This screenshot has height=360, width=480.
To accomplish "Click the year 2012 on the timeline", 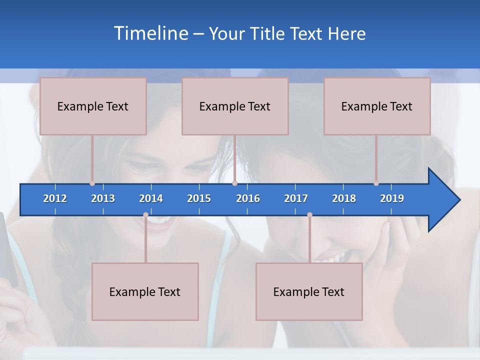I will tap(55, 198).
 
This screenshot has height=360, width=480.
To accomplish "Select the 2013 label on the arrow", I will tap(103, 198).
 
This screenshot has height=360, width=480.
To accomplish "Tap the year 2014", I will tap(151, 198).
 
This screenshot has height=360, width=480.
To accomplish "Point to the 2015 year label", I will tap(199, 198).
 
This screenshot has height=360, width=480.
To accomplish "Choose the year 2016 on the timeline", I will tap(248, 198).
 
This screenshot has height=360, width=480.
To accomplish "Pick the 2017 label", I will tap(296, 198).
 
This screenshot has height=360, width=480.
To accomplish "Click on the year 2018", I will tap(344, 198).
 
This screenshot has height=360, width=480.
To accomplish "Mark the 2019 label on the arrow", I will tap(392, 198).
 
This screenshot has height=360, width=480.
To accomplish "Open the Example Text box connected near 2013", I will tap(93, 106).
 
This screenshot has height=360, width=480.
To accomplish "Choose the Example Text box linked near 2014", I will tap(145, 291).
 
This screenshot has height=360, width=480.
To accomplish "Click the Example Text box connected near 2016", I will tap(235, 106).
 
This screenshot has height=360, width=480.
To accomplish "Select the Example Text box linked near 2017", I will tap(309, 291).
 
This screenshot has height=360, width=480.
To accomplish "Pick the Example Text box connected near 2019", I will tap(377, 106).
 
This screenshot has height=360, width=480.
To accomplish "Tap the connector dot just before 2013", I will tap(92, 183).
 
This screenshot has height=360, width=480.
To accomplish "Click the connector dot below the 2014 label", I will tap(145, 215).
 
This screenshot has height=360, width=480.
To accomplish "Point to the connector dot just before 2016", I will tap(234, 183).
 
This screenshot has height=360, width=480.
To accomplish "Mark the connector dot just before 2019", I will tap(376, 183).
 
